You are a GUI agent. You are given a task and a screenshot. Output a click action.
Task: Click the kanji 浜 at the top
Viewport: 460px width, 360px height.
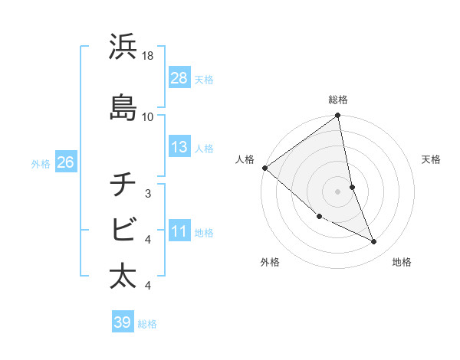[123, 47]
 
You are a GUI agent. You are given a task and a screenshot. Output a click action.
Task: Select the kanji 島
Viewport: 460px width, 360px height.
[123, 107]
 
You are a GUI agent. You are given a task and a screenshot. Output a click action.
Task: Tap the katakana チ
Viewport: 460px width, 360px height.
[123, 185]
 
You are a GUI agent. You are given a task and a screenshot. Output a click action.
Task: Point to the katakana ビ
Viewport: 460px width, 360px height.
[123, 230]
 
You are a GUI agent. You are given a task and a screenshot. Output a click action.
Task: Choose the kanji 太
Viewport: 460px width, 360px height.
[123, 276]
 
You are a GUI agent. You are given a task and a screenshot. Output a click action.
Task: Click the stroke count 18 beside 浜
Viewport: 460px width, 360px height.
[148, 56]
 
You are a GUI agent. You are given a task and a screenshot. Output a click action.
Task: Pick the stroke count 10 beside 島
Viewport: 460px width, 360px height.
[148, 116]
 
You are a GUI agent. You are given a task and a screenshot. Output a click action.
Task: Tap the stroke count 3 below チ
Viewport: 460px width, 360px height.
[148, 194]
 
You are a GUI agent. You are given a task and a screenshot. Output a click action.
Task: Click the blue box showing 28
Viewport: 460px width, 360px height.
[179, 77]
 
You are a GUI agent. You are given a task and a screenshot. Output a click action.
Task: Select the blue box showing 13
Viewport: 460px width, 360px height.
[179, 147]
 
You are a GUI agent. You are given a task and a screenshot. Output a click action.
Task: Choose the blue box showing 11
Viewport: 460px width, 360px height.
[179, 231]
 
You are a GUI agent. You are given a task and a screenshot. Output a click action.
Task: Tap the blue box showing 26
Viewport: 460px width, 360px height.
[65, 162]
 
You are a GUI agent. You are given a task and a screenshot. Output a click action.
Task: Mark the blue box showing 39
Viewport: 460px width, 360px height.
[122, 322]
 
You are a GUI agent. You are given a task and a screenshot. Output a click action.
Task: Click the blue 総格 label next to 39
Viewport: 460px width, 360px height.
[147, 324]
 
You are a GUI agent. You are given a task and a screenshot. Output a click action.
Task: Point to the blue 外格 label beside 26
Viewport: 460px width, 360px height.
[41, 163]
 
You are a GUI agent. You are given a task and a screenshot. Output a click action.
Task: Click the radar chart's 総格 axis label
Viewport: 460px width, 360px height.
[338, 100]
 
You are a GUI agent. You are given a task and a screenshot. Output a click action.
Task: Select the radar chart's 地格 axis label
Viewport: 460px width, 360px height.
[402, 262]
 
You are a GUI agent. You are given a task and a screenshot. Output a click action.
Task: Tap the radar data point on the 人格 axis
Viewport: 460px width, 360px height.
[264, 168]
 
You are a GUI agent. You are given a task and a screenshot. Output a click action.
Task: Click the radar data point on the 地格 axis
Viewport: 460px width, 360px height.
[374, 242]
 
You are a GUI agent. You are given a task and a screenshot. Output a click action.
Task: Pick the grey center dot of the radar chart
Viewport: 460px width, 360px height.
[337, 191]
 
